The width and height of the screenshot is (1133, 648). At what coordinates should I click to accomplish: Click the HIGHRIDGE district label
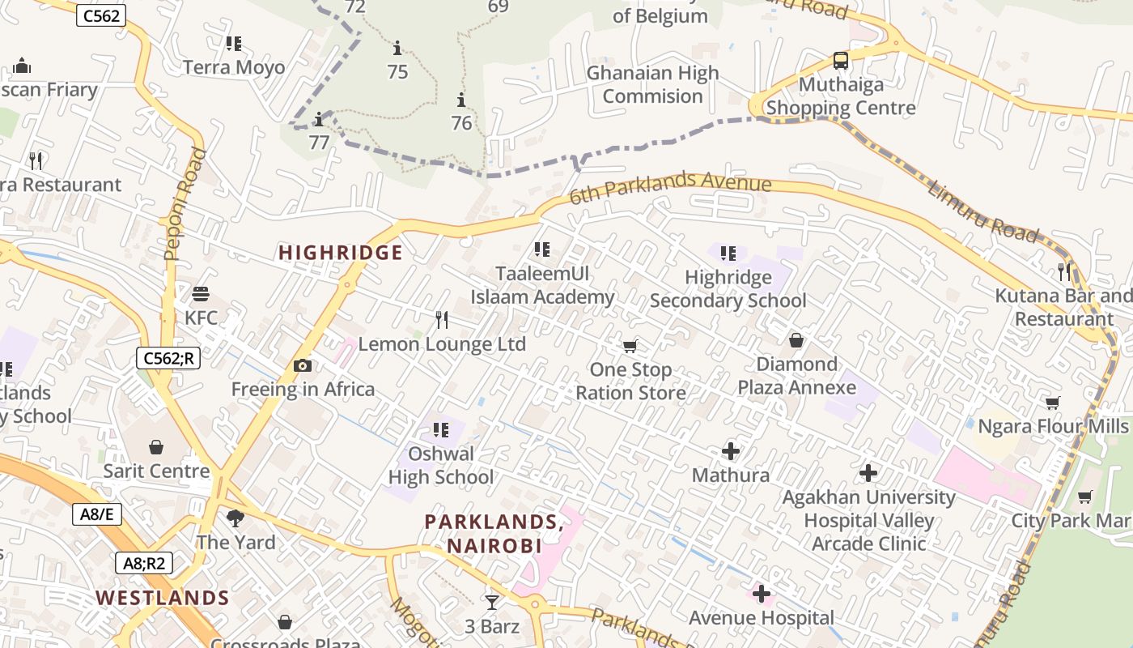[340, 253]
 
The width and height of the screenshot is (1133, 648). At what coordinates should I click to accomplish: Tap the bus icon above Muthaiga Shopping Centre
[841, 60]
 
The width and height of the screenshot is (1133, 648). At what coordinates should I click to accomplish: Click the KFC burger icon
[201, 293]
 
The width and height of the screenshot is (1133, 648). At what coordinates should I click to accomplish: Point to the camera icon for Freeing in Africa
[303, 366]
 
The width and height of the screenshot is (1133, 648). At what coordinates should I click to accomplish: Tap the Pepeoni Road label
[185, 204]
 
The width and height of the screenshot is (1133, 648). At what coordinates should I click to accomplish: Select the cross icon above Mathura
[731, 451]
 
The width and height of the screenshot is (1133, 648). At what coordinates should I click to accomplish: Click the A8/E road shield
[97, 514]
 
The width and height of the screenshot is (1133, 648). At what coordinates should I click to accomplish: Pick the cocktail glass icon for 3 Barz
[491, 602]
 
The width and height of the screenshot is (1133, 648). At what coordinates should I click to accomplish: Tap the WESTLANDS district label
[163, 599]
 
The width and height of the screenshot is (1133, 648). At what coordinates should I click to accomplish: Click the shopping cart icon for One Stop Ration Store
[630, 347]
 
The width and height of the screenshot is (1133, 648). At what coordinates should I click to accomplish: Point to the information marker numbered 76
[461, 100]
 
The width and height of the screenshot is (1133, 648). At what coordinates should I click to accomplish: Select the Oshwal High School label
[441, 465]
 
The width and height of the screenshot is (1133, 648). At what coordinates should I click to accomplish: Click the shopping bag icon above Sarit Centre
[156, 447]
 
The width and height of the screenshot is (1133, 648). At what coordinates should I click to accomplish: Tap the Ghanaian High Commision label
[652, 84]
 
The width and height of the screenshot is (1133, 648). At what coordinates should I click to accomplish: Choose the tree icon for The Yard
[236, 518]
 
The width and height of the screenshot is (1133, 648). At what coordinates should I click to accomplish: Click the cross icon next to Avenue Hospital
[761, 595]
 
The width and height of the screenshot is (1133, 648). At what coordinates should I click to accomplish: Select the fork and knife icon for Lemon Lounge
[442, 320]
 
